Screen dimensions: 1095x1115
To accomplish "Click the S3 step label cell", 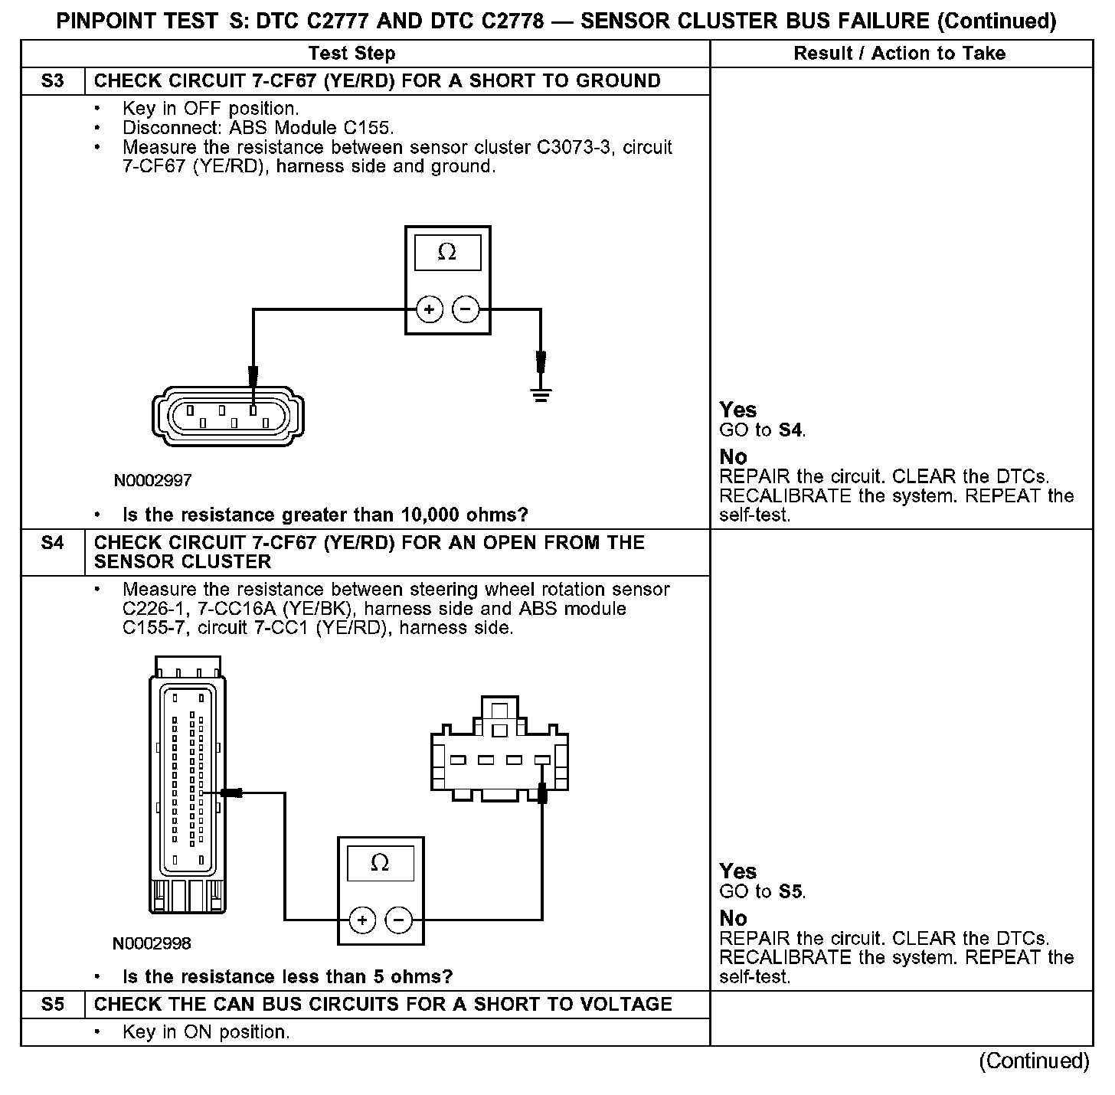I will pos(52,81).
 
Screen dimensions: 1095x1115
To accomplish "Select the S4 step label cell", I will pos(52,543).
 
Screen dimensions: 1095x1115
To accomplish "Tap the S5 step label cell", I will pos(52,1005).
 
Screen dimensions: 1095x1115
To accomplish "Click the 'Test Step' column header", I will pos(352,54).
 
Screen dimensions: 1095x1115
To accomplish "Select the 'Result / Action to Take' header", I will pos(900,54).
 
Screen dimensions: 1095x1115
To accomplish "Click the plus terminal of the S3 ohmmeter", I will pos(429,309).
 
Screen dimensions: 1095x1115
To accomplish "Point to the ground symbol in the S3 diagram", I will pos(541,395).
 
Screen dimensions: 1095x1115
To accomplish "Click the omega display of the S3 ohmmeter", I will pos(447,253).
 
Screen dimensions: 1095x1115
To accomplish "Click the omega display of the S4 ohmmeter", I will pos(380,864).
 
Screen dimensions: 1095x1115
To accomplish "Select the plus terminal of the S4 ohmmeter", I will pos(362,920).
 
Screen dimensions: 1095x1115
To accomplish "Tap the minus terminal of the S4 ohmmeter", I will pos(398,920).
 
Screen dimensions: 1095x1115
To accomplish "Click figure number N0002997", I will pos(152,481).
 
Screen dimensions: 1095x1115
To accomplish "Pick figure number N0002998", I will pos(152,943).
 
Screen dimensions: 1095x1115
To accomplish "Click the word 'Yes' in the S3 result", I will pos(737,410).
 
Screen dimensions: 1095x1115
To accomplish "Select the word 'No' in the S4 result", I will pos(733,918).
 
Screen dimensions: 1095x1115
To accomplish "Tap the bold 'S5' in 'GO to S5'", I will pos(790,892).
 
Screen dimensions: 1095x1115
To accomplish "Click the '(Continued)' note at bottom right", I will pos(1034,1061).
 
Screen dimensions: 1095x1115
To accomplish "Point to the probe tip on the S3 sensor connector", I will pos(253,377).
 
